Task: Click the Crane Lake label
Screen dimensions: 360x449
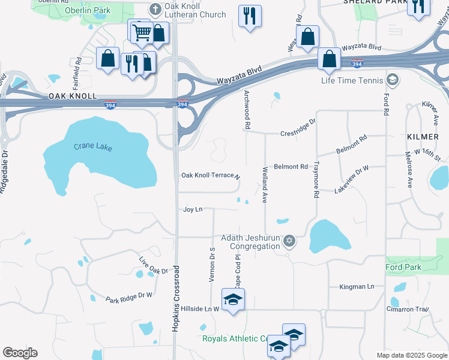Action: click(x=93, y=146)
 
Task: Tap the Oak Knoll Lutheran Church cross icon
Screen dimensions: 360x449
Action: click(x=155, y=8)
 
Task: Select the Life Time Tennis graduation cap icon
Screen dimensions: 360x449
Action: click(x=392, y=80)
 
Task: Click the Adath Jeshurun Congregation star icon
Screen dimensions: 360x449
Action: click(x=289, y=241)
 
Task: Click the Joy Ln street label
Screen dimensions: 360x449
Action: click(x=192, y=209)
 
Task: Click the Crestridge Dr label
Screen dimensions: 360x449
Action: click(x=298, y=133)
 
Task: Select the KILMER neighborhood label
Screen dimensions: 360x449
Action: click(x=423, y=137)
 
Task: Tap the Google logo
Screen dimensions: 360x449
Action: click(x=20, y=353)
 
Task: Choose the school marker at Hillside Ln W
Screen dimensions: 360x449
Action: click(x=233, y=300)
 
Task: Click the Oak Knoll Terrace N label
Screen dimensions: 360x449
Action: click(x=211, y=176)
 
